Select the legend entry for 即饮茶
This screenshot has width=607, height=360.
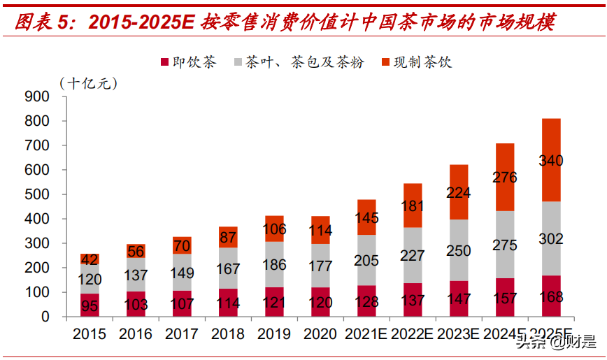189,62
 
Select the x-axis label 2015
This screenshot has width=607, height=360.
90,334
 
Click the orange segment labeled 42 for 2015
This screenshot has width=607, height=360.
90,259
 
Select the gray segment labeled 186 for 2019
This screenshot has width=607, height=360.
274,264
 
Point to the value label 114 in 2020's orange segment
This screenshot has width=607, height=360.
320,230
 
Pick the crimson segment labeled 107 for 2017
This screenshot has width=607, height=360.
182,303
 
